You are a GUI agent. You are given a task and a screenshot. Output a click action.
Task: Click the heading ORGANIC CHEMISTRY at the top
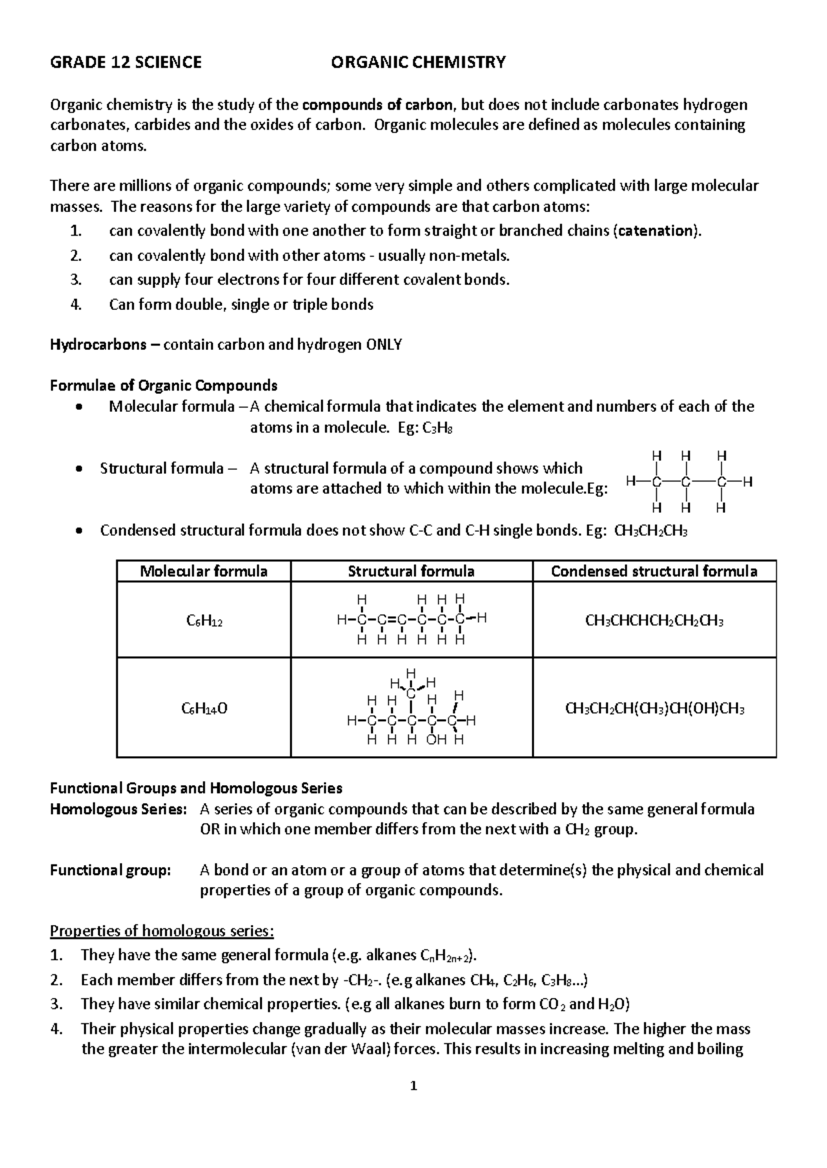click(418, 63)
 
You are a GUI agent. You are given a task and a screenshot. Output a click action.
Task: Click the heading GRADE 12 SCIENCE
click(125, 63)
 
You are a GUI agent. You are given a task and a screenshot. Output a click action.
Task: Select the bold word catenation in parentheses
click(655, 231)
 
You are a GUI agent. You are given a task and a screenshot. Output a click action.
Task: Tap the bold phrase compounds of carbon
click(378, 105)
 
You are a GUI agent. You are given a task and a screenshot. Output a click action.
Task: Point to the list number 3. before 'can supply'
click(76, 280)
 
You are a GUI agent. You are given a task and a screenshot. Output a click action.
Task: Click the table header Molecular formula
click(203, 572)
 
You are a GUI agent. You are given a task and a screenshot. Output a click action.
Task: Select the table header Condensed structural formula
click(654, 572)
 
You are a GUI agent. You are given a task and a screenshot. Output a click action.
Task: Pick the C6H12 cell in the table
click(204, 621)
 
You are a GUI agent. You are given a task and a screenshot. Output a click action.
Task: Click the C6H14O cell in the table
click(204, 709)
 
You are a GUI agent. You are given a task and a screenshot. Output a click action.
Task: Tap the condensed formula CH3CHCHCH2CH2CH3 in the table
click(654, 621)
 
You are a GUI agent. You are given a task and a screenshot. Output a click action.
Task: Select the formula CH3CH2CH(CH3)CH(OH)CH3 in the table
click(654, 709)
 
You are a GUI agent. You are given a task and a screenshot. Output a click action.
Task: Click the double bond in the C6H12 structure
click(391, 619)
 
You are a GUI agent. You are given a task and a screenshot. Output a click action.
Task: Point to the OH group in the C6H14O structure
click(436, 740)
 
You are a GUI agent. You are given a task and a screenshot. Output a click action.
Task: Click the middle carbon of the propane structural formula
click(686, 481)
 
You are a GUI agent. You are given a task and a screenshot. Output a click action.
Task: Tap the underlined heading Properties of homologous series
click(162, 932)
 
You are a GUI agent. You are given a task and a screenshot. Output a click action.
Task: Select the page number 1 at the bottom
click(413, 1087)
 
